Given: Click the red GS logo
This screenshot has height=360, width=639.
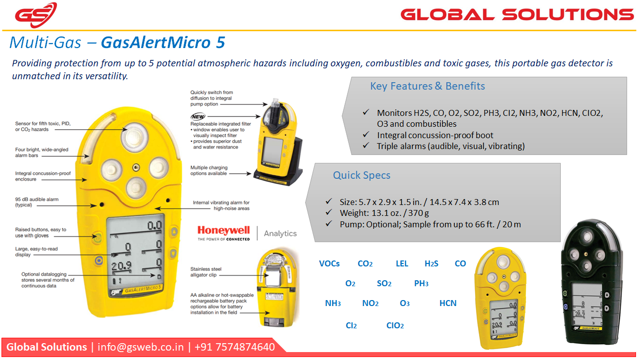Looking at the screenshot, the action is [36, 15].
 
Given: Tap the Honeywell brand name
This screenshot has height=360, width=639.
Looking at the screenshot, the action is [224, 230].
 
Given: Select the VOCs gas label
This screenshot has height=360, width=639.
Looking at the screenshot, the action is [329, 263].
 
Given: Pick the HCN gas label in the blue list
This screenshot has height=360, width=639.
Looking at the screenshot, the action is [448, 303].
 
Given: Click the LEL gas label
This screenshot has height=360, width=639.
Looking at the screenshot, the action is [402, 263].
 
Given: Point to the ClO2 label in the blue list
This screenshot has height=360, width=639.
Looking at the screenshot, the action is [395, 325].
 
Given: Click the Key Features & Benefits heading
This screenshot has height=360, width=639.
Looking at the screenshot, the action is [427, 86].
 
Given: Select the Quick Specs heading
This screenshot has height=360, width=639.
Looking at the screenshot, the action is [362, 175].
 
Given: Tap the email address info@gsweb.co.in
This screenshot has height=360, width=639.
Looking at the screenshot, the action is [141, 347].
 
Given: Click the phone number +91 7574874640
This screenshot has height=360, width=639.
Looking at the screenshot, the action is [234, 347].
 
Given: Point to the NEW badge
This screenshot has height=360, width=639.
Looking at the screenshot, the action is [198, 116].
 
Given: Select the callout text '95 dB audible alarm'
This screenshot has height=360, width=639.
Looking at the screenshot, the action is [37, 200].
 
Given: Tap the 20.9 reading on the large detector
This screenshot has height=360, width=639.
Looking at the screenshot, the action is [121, 266].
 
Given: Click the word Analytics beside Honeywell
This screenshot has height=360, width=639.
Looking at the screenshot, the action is [280, 233].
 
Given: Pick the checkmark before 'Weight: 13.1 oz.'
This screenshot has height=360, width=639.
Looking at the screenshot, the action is [328, 212].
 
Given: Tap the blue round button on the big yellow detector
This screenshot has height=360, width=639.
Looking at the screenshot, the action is [99, 260].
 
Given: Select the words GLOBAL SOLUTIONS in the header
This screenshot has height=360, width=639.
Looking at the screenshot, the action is [517, 14].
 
